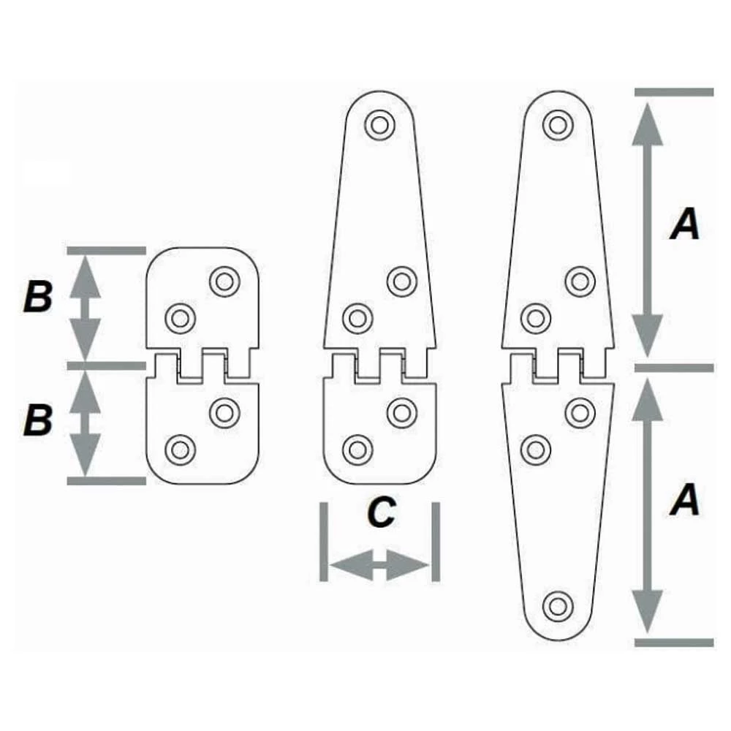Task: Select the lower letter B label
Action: tap(38, 422)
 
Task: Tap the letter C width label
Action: tap(380, 513)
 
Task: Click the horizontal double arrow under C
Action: tap(379, 565)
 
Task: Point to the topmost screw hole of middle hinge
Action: tap(379, 124)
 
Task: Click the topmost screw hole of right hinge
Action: tap(557, 124)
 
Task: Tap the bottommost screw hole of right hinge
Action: tap(558, 605)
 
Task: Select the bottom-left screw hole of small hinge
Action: tap(179, 449)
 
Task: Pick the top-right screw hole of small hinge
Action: tap(224, 280)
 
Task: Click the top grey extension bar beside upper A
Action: tap(673, 93)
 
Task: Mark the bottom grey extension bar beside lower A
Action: tap(673, 643)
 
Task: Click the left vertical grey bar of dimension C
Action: tap(323, 542)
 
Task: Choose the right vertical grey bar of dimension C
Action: tap(436, 542)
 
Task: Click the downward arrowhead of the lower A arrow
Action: tap(647, 613)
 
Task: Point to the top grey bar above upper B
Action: tap(107, 251)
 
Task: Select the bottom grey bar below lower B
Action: tap(107, 480)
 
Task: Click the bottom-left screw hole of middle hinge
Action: tap(357, 449)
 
